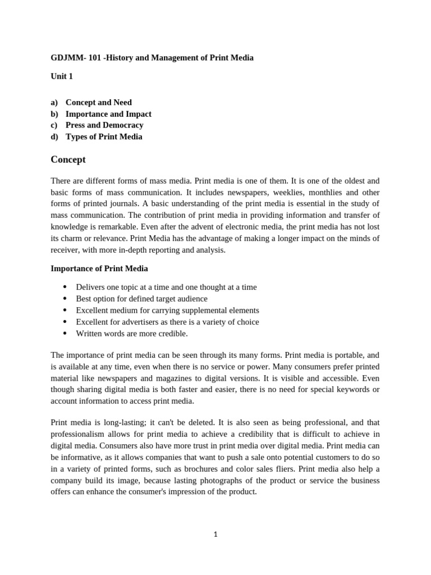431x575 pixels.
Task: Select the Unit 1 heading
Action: pyautogui.click(x=62, y=76)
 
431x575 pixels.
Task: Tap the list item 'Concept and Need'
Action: pyautogui.click(x=99, y=102)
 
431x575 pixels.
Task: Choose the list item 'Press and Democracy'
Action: pyautogui.click(x=104, y=125)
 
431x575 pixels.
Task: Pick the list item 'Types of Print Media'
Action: pyautogui.click(x=104, y=136)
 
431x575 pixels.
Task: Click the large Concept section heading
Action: pyautogui.click(x=68, y=159)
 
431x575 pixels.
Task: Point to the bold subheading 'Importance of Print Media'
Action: pyautogui.click(x=99, y=268)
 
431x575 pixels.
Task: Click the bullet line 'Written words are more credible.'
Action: pyautogui.click(x=132, y=334)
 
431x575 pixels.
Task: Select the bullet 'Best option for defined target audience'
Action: pyautogui.click(x=141, y=299)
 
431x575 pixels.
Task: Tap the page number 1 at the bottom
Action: pyautogui.click(x=215, y=534)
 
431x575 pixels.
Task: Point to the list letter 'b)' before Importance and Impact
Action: pyautogui.click(x=54, y=114)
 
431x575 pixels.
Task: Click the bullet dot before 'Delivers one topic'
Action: pyautogui.click(x=66, y=287)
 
